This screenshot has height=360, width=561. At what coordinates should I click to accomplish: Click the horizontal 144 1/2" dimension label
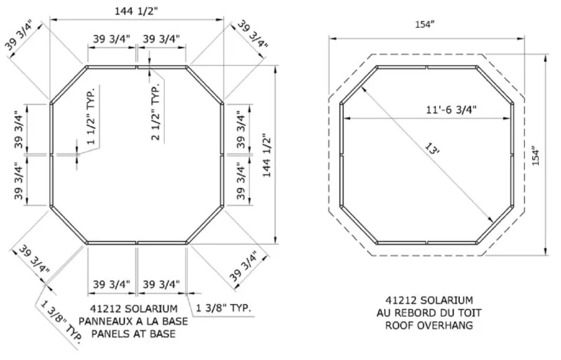coord(136,10)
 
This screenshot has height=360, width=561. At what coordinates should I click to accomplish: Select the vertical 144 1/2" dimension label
coord(268,155)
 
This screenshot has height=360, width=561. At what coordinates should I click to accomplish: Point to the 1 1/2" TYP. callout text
coord(92,115)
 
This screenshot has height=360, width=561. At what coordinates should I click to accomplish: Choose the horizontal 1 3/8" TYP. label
coord(224,308)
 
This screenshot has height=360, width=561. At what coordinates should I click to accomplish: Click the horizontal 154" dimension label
coord(425,24)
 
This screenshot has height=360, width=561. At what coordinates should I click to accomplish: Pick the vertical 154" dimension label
coord(535,156)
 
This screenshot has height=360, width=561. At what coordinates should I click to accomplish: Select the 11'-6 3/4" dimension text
coord(451,109)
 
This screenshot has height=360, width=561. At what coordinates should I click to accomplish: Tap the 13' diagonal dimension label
coord(432,148)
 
